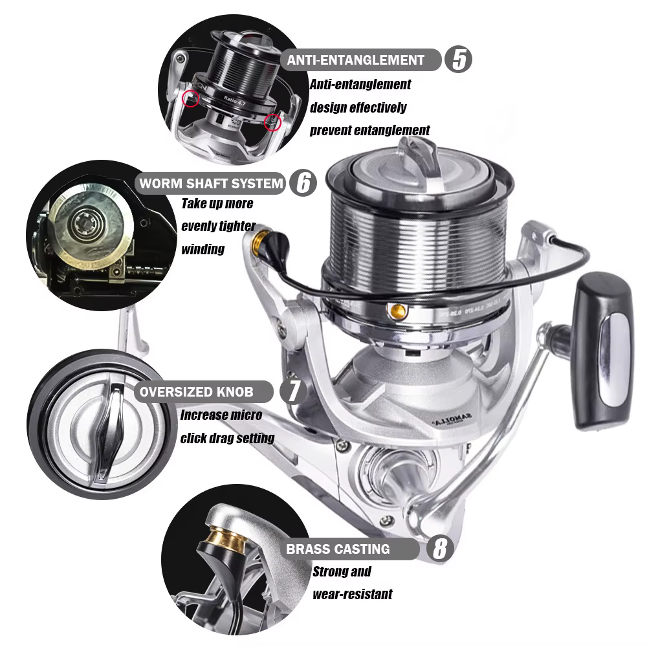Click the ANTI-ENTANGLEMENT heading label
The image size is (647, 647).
[x=356, y=60]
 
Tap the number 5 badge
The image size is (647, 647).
[x=458, y=60]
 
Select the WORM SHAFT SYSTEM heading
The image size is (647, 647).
[x=212, y=183]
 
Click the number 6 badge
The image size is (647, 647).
[x=303, y=183]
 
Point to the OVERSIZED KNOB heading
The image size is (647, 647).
[x=197, y=391]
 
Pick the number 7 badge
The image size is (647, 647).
[x=293, y=391]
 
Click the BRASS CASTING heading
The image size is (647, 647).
[x=338, y=549]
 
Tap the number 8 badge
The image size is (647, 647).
[x=440, y=549]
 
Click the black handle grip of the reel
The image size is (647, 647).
[x=605, y=351]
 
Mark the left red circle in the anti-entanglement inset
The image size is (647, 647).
[x=191, y=98]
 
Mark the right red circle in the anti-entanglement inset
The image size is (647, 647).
[x=272, y=122]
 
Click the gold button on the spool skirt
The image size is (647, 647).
[x=398, y=311]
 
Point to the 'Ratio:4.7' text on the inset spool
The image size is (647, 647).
[x=234, y=100]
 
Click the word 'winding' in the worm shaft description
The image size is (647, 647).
[x=203, y=249]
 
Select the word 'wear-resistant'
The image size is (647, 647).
[x=353, y=594]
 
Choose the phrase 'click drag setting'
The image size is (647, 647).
[x=227, y=438]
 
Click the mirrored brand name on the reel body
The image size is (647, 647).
[x=452, y=420]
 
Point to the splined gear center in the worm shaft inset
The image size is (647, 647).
[x=87, y=223]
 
